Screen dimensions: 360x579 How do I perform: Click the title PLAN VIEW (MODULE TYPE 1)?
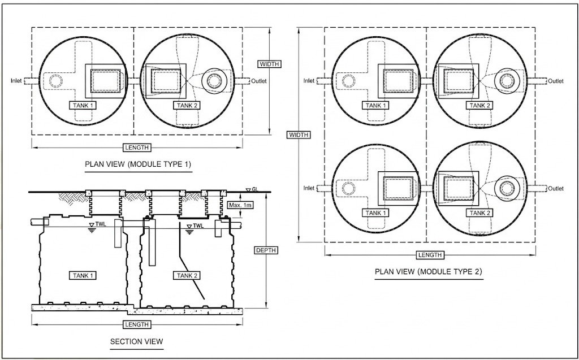point(138,165)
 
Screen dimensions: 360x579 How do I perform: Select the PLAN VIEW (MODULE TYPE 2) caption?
point(429,272)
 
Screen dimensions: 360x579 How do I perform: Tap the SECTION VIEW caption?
point(136,341)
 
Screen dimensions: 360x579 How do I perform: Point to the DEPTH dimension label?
point(266,250)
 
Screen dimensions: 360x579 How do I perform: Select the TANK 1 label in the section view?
point(83,275)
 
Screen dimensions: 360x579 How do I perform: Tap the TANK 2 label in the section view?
point(187,275)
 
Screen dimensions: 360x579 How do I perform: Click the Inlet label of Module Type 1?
point(16,81)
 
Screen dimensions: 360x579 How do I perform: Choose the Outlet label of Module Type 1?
point(260,81)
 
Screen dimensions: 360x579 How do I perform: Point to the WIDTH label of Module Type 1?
point(269,64)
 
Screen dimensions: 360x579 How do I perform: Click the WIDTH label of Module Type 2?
point(298,135)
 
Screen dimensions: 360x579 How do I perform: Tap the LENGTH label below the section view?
point(136,324)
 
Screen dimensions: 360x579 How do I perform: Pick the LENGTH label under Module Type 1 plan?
point(136,148)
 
